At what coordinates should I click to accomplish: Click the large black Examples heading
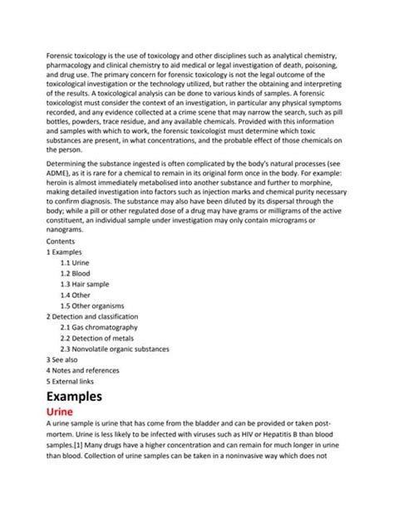click(x=74, y=396)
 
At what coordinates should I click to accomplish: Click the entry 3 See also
click(x=65, y=359)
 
